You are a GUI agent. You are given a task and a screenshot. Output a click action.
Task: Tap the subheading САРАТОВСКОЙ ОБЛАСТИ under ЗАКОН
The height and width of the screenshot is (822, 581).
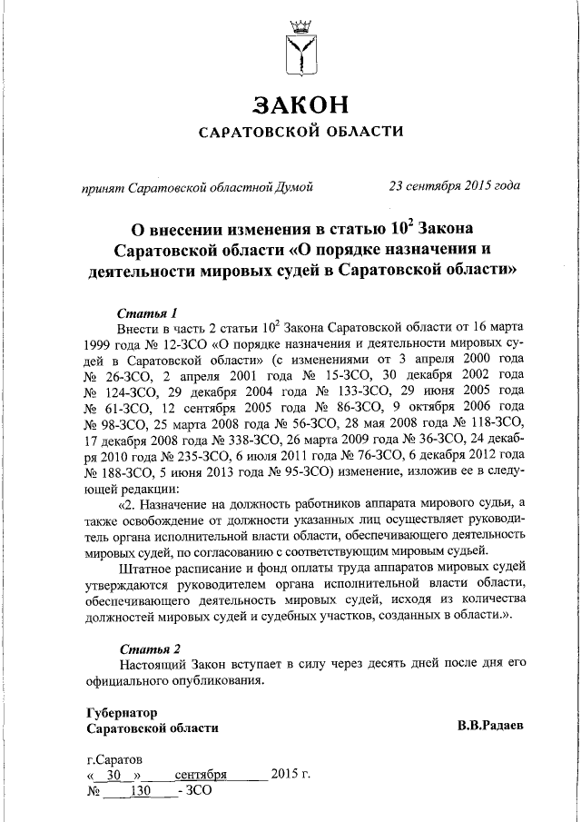300,133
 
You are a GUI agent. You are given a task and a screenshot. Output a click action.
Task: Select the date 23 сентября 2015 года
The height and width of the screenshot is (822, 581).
454,187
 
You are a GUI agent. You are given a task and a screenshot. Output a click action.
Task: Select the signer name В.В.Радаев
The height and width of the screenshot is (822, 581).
490,727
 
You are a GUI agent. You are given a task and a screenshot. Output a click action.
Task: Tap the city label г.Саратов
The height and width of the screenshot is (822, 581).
114,759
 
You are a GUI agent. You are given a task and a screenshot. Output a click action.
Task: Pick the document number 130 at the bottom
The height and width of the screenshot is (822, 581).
140,791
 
